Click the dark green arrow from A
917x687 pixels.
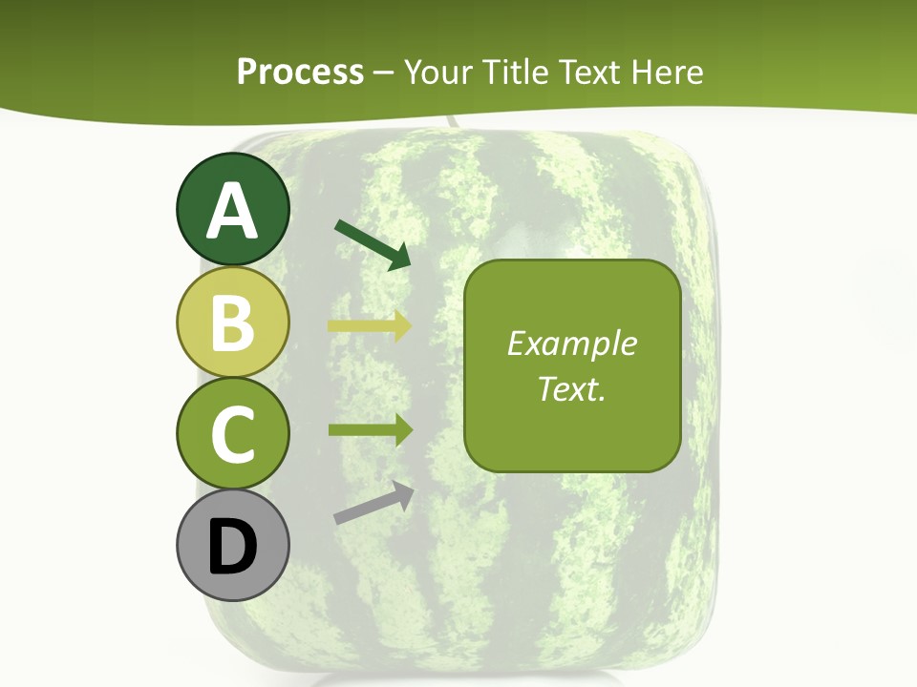pyautogui.click(x=373, y=244)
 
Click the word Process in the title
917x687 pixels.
pyautogui.click(x=300, y=72)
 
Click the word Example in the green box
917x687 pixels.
pyautogui.click(x=571, y=343)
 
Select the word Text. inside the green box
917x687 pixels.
pyautogui.click(x=571, y=388)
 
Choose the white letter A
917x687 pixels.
pyautogui.click(x=232, y=211)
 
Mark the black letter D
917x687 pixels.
pyautogui.click(x=232, y=548)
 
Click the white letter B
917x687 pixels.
pyautogui.click(x=232, y=323)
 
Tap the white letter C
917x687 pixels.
pyautogui.click(x=232, y=434)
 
